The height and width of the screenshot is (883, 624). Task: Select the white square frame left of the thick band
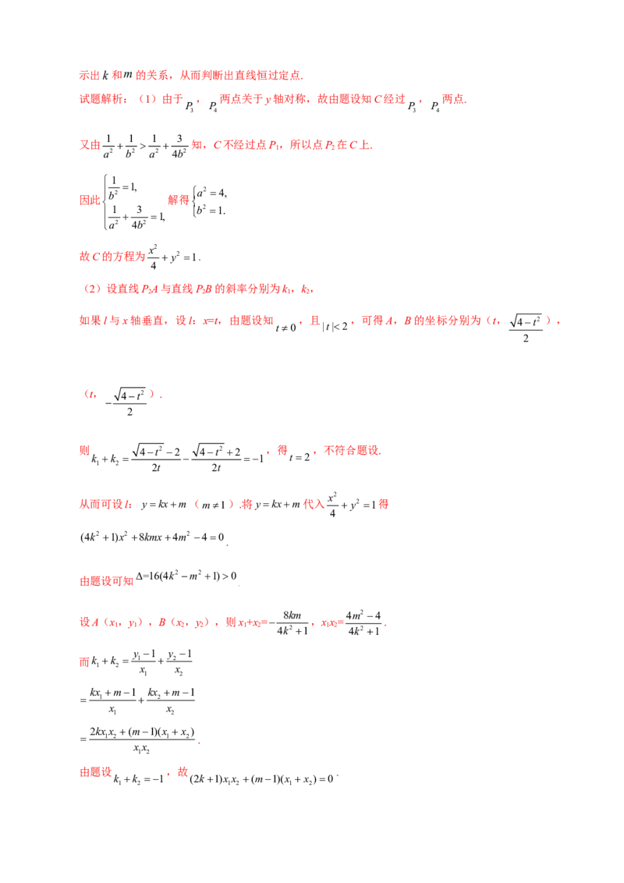pyautogui.click(x=209, y=202)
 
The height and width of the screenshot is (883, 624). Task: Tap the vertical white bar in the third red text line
pyautogui.click(x=190, y=145)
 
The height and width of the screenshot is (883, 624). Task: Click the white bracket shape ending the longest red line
pyautogui.click(x=527, y=327)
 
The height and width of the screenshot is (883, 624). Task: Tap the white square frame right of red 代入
pyautogui.click(x=349, y=505)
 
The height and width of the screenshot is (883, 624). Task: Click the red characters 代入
pyautogui.click(x=312, y=505)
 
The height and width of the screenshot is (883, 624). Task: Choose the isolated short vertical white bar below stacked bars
pyautogui.click(x=239, y=573)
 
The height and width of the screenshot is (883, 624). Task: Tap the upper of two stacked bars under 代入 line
pyautogui.click(x=152, y=527)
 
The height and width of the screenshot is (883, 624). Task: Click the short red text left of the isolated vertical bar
pyautogui.click(x=107, y=581)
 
